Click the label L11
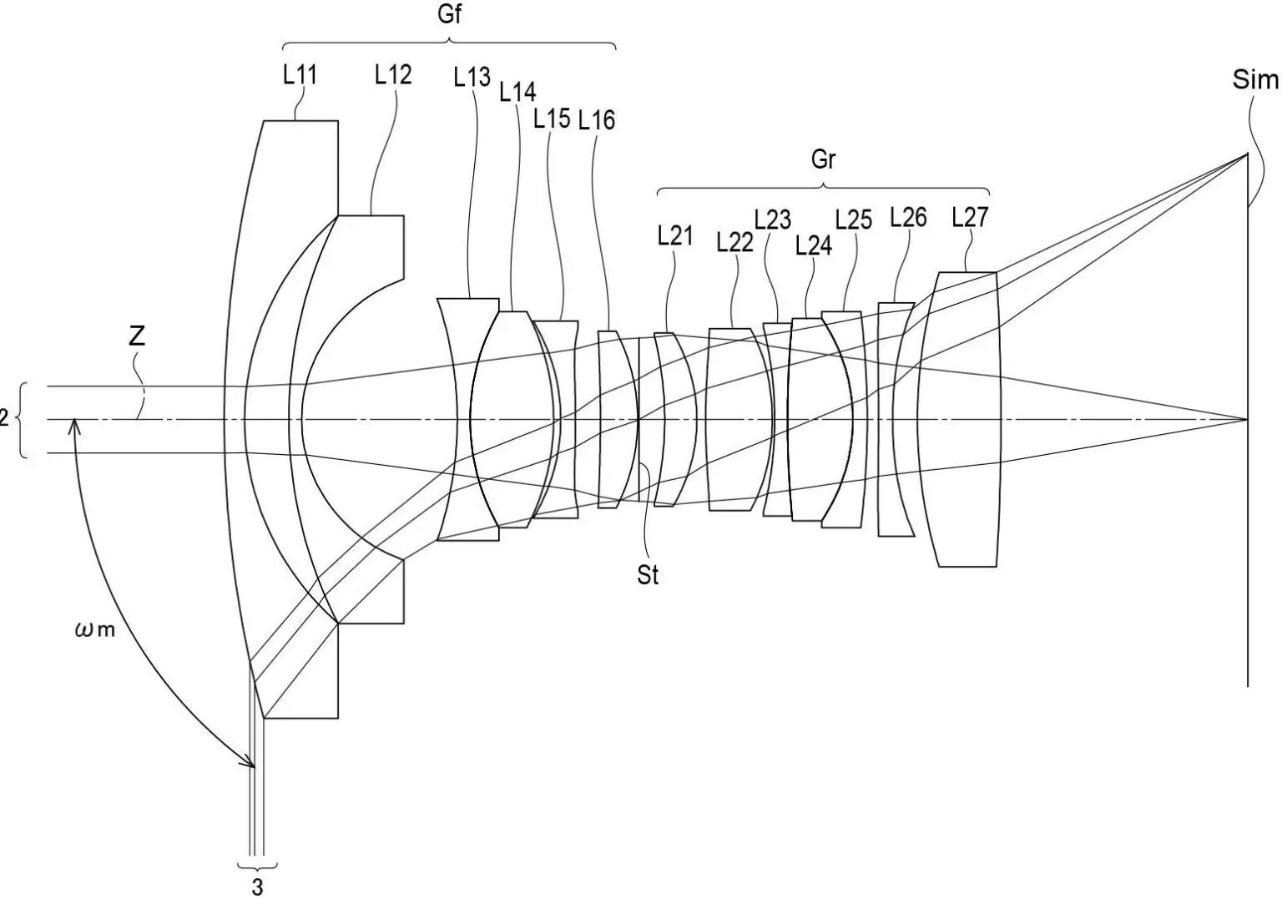pyautogui.click(x=300, y=75)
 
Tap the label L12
pyautogui.click(x=393, y=75)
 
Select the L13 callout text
pyautogui.click(x=472, y=77)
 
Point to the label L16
pyautogui.click(x=597, y=120)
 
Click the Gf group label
pyautogui.click(x=449, y=13)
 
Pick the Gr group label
pyautogui.click(x=823, y=159)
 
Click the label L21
pyautogui.click(x=675, y=235)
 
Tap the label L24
pyautogui.click(x=814, y=245)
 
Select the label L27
pyautogui.click(x=970, y=217)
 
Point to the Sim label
pyautogui.click(x=1255, y=79)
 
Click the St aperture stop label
pyautogui.click(x=648, y=575)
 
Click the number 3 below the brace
pyautogui.click(x=258, y=887)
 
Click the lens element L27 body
pyautogui.click(x=962, y=420)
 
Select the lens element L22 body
pyautogui.click(x=739, y=420)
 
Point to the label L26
pyautogui.click(x=908, y=217)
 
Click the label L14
pyautogui.click(x=518, y=92)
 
